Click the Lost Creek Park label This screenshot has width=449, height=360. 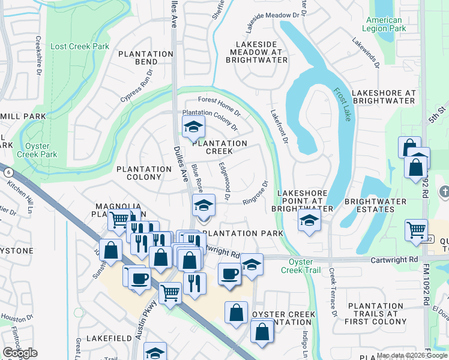(x=80, y=46)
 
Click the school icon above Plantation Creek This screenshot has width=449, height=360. (x=193, y=127)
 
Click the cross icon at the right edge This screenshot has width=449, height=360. (x=444, y=192)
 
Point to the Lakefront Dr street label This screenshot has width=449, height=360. (x=279, y=125)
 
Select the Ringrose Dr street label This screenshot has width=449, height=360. (x=255, y=193)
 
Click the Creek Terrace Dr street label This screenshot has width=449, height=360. (x=332, y=293)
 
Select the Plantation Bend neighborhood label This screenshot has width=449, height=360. (x=146, y=58)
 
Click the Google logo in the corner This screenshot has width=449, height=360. (x=20, y=353)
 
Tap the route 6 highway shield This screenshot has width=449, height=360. (x=7, y=172)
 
